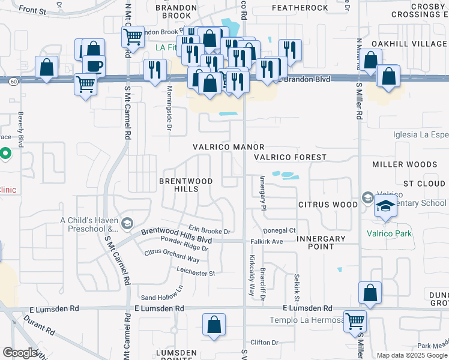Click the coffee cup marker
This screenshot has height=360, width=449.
pos(93,65)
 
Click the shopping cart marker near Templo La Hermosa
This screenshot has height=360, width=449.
pos(355,320)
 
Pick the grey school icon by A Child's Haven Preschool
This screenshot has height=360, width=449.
pos(127,224)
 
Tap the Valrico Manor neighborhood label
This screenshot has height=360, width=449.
pos(228,147)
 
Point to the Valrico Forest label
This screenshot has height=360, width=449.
pos(290,157)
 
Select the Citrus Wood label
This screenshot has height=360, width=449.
pos(328,205)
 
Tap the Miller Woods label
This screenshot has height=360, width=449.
pos(404,164)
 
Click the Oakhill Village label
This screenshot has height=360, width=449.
pos(409,44)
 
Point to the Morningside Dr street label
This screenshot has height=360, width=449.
pos(169,114)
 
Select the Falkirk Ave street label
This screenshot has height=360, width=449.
pos(266,242)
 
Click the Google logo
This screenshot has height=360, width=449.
pos(20,353)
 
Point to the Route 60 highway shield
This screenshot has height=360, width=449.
pos(13,80)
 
